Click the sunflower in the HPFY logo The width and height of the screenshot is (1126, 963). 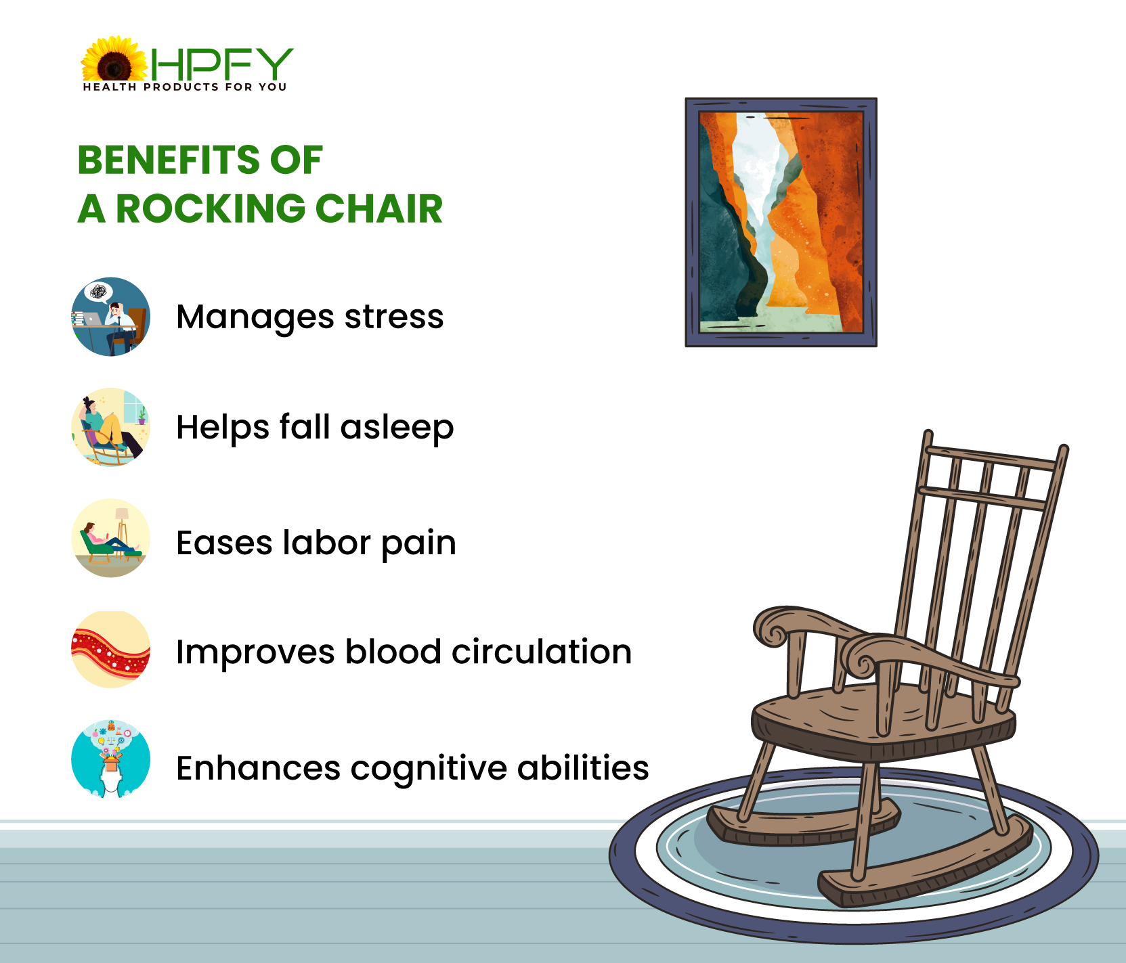click(114, 60)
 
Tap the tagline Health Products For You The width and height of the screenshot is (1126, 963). click(185, 87)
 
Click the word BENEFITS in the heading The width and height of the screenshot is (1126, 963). click(169, 160)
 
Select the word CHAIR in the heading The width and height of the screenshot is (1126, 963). click(379, 208)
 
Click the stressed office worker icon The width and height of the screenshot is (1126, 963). click(110, 317)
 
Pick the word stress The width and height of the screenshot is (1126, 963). click(394, 316)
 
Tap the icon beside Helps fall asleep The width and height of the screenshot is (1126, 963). click(110, 427)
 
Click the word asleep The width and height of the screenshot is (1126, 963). click(397, 428)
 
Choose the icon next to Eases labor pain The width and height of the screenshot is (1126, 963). click(110, 538)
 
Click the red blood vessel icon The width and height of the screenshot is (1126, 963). click(110, 650)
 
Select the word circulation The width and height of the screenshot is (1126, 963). click(542, 652)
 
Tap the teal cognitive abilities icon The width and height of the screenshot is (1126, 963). click(110, 759)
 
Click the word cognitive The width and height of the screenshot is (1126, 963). click(429, 769)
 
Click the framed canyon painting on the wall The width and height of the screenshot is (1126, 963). click(781, 222)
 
